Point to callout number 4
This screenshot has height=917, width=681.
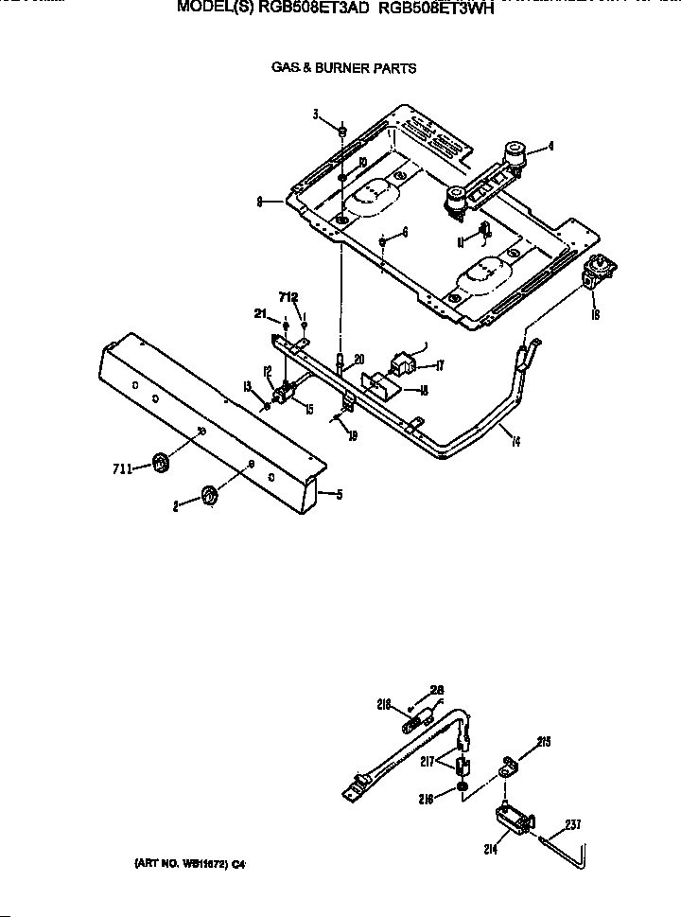tap(550, 147)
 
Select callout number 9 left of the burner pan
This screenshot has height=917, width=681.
tap(258, 201)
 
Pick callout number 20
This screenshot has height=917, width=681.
tap(358, 359)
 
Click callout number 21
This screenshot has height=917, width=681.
tap(257, 313)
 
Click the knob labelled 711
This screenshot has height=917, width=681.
tap(160, 463)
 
